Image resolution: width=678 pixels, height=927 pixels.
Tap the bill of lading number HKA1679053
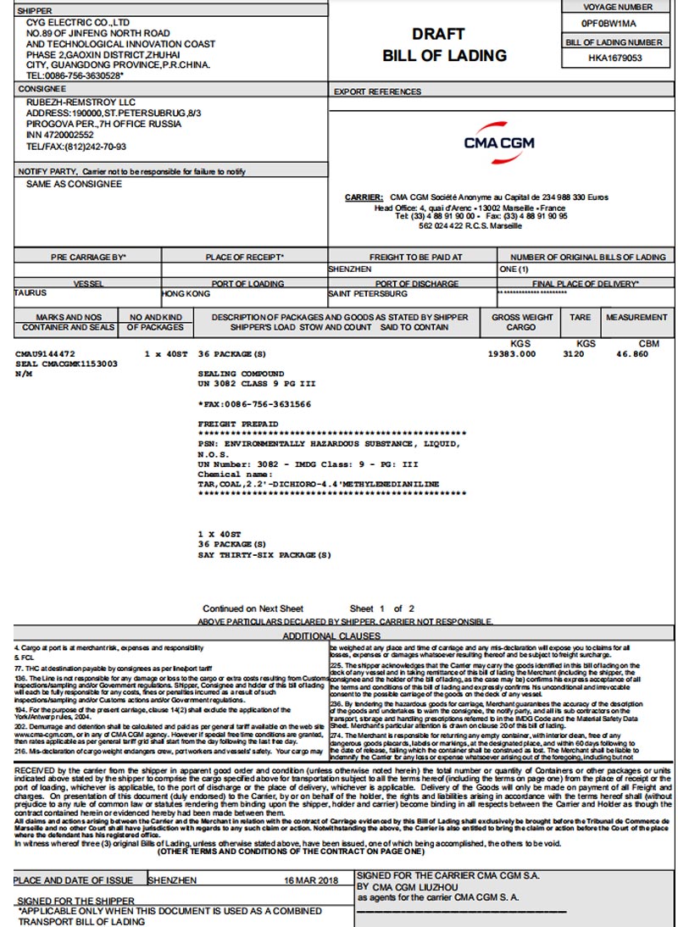[x=614, y=58]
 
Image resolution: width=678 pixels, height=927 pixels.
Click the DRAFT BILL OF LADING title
[x=444, y=45]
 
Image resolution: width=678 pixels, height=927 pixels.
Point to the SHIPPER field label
[x=35, y=11]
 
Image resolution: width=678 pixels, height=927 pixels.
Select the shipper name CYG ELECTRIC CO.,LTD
[x=78, y=23]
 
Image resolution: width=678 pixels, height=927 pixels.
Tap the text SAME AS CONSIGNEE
[x=74, y=184]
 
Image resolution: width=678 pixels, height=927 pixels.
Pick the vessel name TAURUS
[x=31, y=293]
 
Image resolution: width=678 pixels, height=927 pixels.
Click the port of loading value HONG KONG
[x=186, y=294]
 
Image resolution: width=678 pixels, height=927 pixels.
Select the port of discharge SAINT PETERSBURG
[x=368, y=294]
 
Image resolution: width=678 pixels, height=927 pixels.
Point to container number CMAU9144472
[x=46, y=352]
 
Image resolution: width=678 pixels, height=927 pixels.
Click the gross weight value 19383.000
[x=512, y=353]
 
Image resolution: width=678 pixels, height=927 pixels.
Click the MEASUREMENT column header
[x=636, y=318]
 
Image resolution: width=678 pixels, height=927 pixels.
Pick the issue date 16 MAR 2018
[x=310, y=880]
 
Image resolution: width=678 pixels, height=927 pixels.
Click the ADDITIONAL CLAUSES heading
[x=331, y=636]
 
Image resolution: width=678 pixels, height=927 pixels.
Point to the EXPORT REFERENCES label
[x=377, y=92]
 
